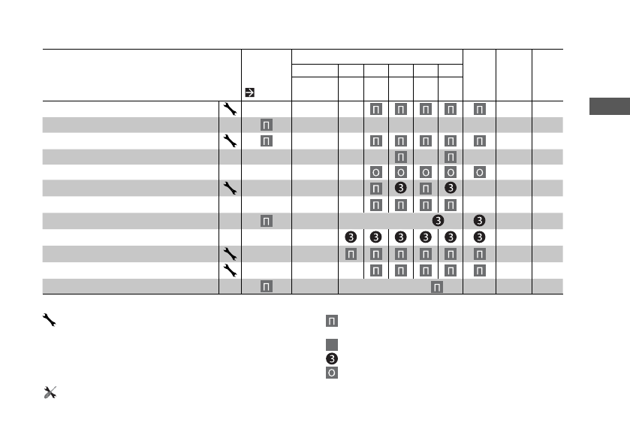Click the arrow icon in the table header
pos(249,93)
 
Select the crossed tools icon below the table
pos(50,392)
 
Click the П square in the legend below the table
pos(331,322)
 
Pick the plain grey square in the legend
pos(331,345)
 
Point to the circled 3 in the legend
pos(331,358)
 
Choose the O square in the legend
pos(331,372)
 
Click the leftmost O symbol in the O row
pos(375,173)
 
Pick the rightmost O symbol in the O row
pos(479,173)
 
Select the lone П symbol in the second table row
pos(266,125)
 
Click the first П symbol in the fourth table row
pos(401,157)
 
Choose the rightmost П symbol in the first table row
pos(479,108)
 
